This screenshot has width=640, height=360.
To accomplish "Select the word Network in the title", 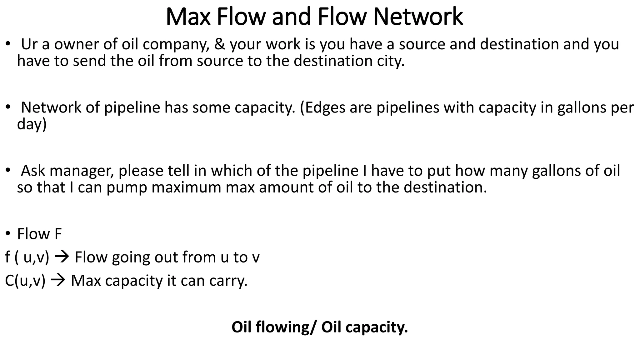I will (418, 17).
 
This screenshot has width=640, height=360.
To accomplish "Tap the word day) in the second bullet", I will (32, 125).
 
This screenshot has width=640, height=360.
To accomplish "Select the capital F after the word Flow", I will (58, 234).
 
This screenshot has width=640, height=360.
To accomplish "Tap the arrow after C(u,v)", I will (58, 281).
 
